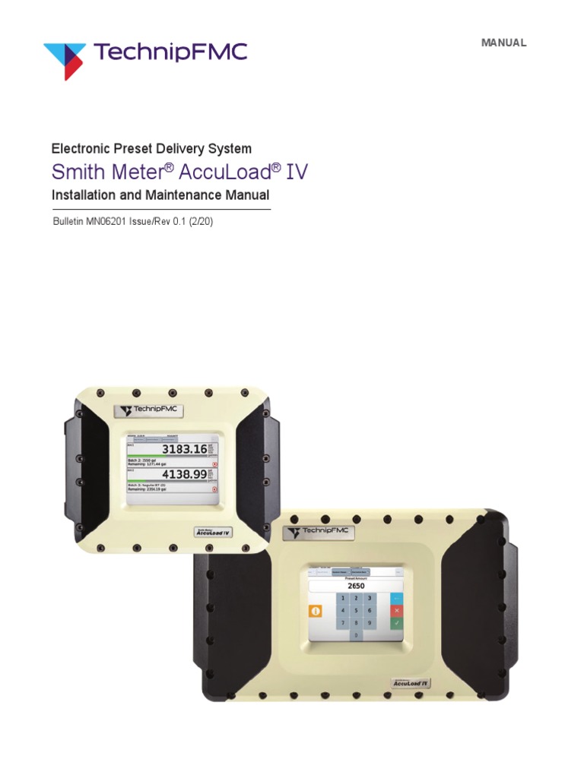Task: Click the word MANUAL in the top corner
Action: (503, 43)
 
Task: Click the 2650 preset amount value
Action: (356, 586)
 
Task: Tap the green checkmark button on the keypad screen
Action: (395, 623)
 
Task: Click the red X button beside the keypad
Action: (395, 611)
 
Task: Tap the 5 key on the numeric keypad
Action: (357, 611)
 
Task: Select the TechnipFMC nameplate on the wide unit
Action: (319, 531)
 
